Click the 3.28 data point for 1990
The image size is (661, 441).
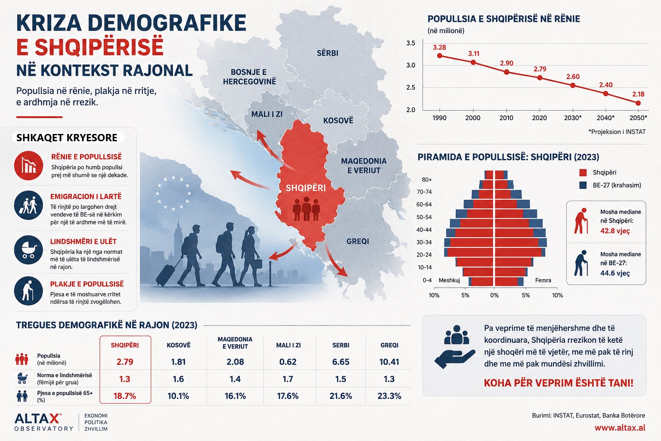[439, 56]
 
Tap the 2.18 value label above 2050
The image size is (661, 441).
[638, 94]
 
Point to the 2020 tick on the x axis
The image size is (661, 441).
[539, 118]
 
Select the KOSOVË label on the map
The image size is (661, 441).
[338, 121]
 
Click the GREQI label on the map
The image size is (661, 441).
[358, 241]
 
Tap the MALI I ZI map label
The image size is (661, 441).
[267, 114]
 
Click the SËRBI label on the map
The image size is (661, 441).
[327, 53]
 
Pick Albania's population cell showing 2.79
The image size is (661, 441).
[125, 362]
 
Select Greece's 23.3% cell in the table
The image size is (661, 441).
[389, 396]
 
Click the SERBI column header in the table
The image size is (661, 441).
[340, 345]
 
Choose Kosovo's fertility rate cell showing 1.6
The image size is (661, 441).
[178, 379]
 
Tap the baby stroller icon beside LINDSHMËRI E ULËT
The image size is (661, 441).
[29, 250]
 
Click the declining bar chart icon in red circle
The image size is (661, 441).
[29, 165]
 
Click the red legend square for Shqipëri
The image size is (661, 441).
[583, 173]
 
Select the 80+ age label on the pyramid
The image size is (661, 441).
[427, 180]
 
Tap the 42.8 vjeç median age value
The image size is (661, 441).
[615, 231]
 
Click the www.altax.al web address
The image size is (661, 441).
[620, 428]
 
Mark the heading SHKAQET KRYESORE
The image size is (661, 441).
[67, 138]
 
